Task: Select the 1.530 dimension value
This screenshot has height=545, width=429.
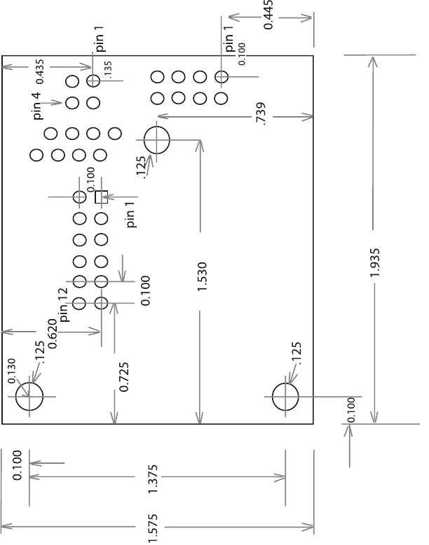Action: [x=202, y=277]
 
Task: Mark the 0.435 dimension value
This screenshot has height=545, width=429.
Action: [x=40, y=71]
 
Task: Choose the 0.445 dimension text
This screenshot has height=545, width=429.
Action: [x=269, y=15]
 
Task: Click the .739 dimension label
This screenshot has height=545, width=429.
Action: [x=261, y=113]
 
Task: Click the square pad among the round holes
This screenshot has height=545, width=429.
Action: [x=101, y=197]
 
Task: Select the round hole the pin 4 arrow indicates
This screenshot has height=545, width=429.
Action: [x=71, y=104]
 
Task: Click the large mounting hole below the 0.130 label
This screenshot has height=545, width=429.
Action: [x=29, y=396]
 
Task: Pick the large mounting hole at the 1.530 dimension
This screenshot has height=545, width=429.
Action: [x=157, y=139]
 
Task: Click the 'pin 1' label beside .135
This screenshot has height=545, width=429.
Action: [x=100, y=39]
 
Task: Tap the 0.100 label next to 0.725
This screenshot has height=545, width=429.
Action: [x=145, y=290]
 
